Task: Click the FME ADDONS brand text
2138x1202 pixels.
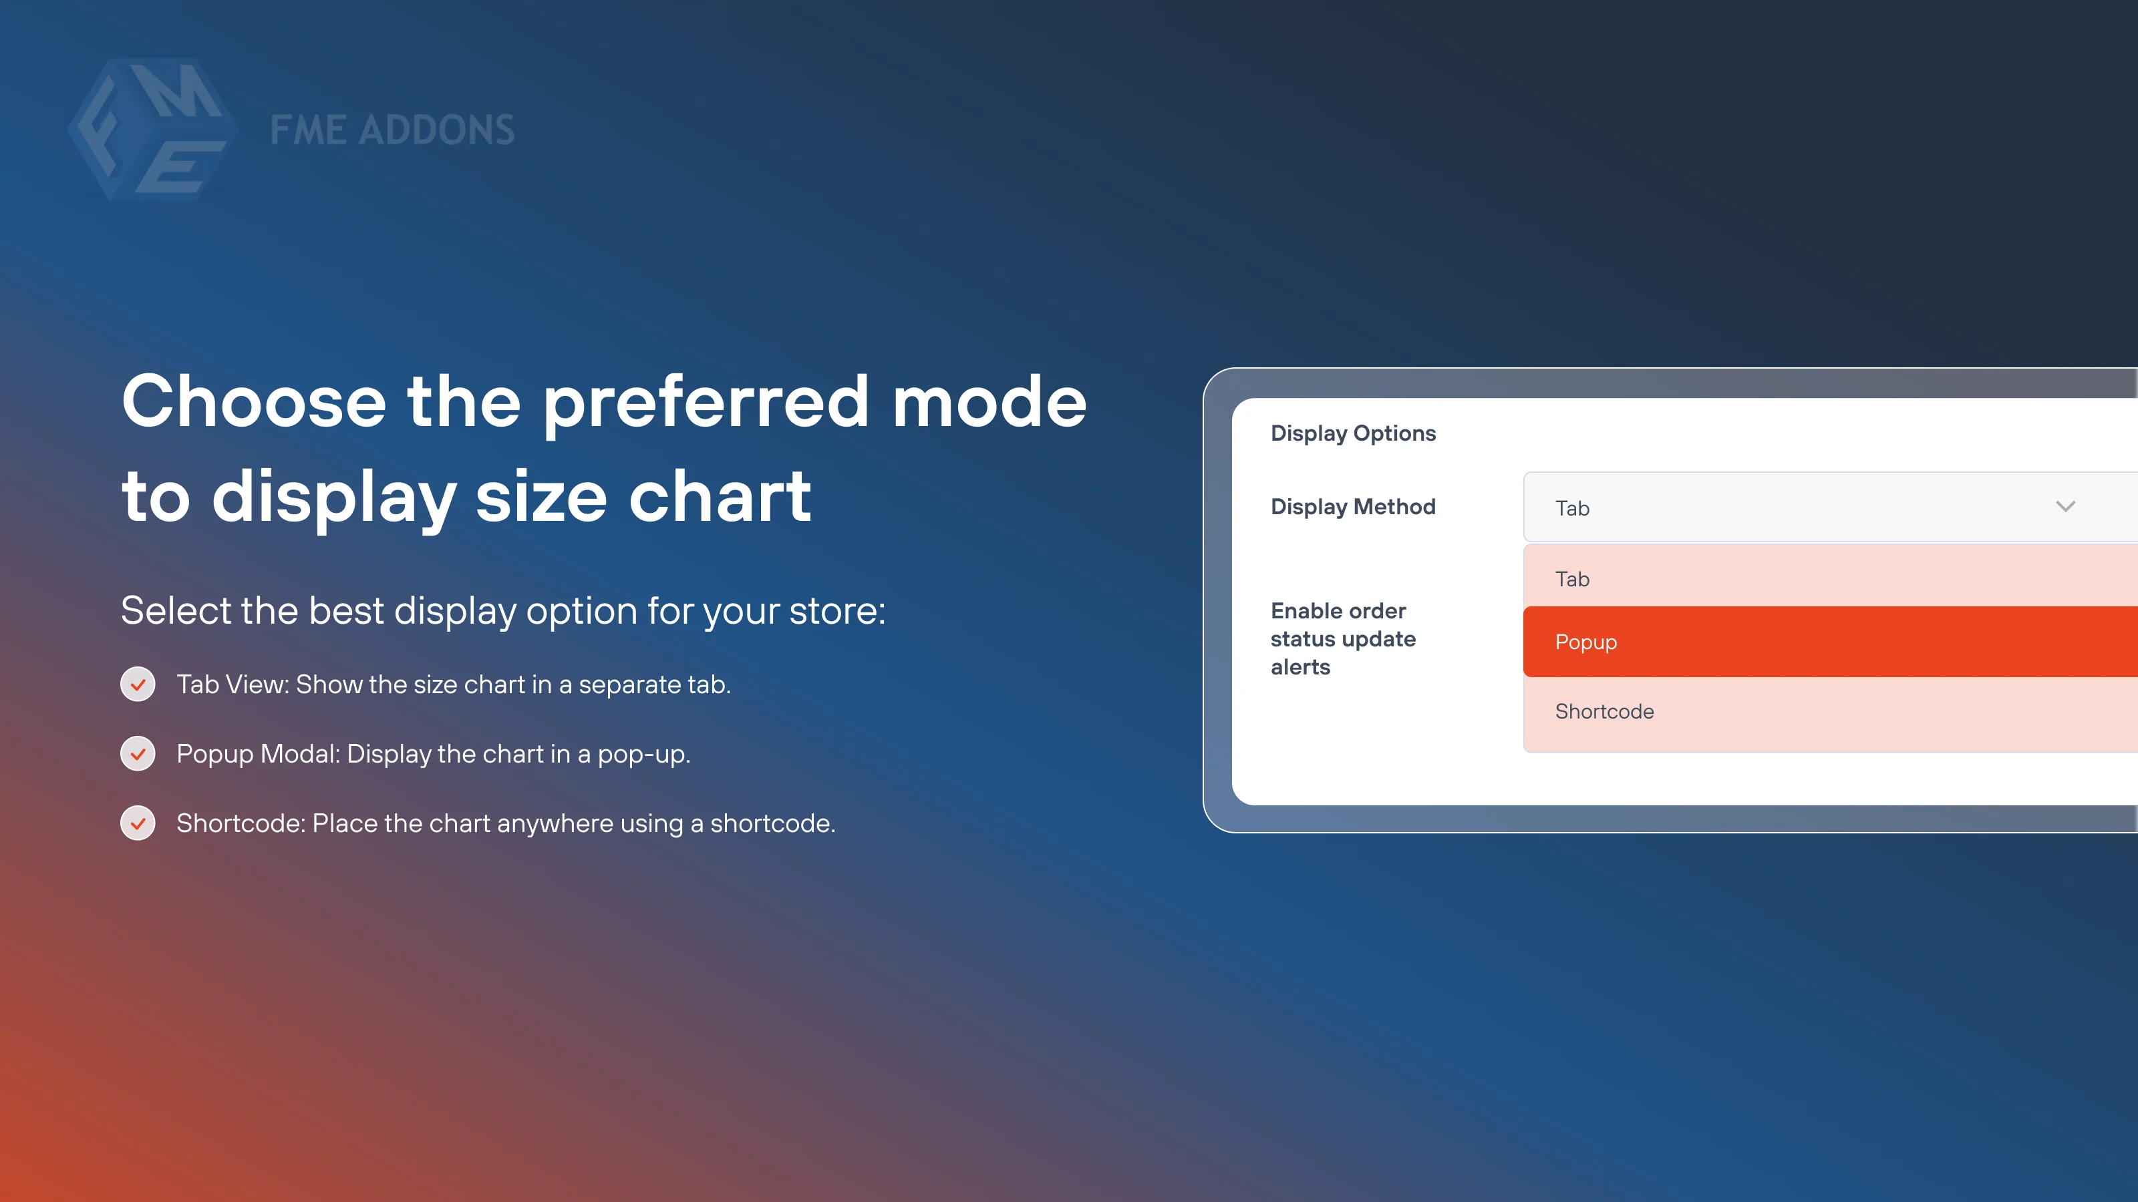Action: click(392, 130)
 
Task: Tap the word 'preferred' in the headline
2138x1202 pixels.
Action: click(706, 403)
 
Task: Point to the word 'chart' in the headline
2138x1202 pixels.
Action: click(720, 497)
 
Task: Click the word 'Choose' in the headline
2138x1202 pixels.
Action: click(254, 403)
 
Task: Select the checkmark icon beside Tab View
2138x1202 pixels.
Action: click(138, 684)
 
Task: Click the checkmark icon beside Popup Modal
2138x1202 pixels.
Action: click(138, 754)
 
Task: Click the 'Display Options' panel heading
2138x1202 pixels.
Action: click(1353, 433)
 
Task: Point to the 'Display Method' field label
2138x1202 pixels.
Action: click(1353, 507)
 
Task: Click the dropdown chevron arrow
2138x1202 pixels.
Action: click(2065, 507)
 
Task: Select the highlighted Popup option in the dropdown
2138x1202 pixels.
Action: click(1586, 642)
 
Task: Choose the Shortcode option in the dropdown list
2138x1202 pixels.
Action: click(1604, 712)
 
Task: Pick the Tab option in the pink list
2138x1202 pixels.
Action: click(1572, 579)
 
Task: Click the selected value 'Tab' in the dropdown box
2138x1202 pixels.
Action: click(1572, 508)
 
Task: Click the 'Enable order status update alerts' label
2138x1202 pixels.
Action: click(1343, 639)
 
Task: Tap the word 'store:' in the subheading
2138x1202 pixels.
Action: click(836, 612)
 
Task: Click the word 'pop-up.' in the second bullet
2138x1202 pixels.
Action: click(644, 755)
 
